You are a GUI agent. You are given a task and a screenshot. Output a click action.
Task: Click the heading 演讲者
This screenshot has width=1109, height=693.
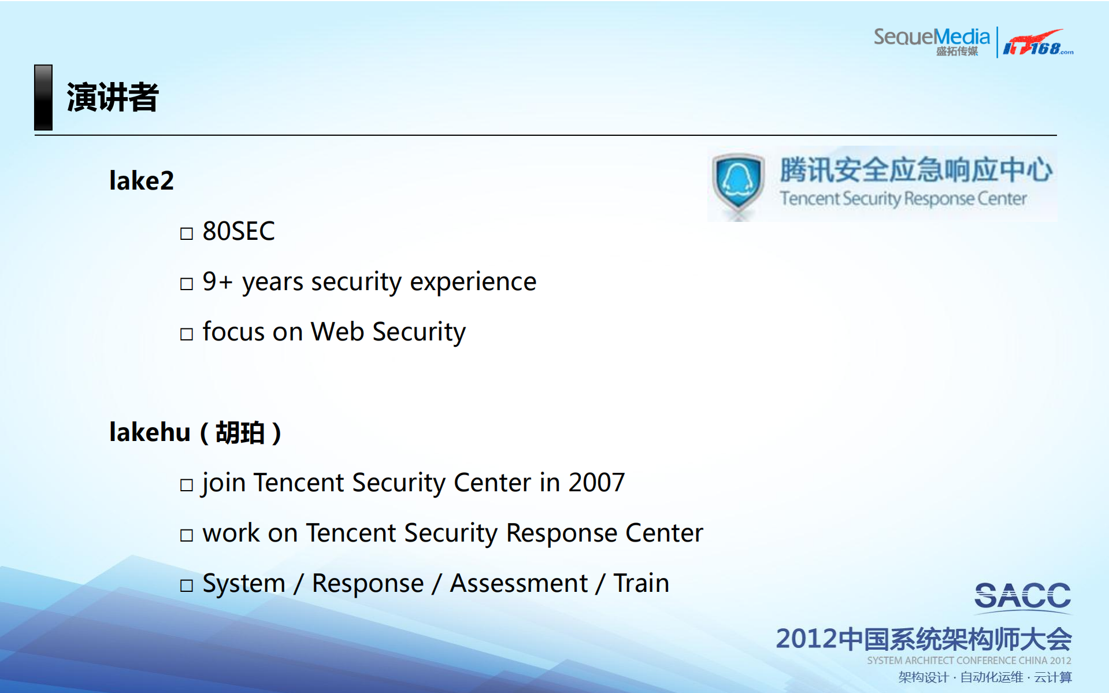112,97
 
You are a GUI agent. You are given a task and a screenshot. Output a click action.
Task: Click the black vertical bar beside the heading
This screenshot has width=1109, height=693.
43,97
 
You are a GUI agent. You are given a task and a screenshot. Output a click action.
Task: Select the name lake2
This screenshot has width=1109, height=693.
141,181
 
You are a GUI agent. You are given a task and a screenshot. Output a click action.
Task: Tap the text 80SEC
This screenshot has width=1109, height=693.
238,231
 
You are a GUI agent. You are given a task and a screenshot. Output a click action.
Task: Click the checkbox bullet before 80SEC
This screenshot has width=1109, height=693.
186,234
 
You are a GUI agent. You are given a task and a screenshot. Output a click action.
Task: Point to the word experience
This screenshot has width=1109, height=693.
473,282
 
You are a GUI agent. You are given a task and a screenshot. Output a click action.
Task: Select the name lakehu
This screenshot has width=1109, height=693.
150,432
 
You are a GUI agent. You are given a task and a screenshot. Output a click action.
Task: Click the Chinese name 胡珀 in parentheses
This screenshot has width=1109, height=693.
240,433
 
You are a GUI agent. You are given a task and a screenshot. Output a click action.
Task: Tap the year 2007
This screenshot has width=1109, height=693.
596,483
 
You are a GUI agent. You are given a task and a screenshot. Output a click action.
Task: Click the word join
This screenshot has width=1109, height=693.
223,483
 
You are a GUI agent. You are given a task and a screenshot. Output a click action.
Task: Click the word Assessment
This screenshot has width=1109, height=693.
518,583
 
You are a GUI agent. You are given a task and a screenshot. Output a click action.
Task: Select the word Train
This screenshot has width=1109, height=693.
641,583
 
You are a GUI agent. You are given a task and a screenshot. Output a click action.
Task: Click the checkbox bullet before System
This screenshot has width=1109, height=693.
186,585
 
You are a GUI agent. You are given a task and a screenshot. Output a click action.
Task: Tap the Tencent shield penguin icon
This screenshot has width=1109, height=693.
737,182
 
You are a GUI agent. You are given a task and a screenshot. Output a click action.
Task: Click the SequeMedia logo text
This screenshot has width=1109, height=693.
931,38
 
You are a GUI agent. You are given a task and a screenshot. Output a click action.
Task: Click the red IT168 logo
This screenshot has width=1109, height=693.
1037,43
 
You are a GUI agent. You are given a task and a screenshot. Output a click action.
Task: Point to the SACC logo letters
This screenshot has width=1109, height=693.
1022,596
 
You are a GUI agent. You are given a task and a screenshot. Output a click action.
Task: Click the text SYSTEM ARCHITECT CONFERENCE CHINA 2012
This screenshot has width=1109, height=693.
969,660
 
